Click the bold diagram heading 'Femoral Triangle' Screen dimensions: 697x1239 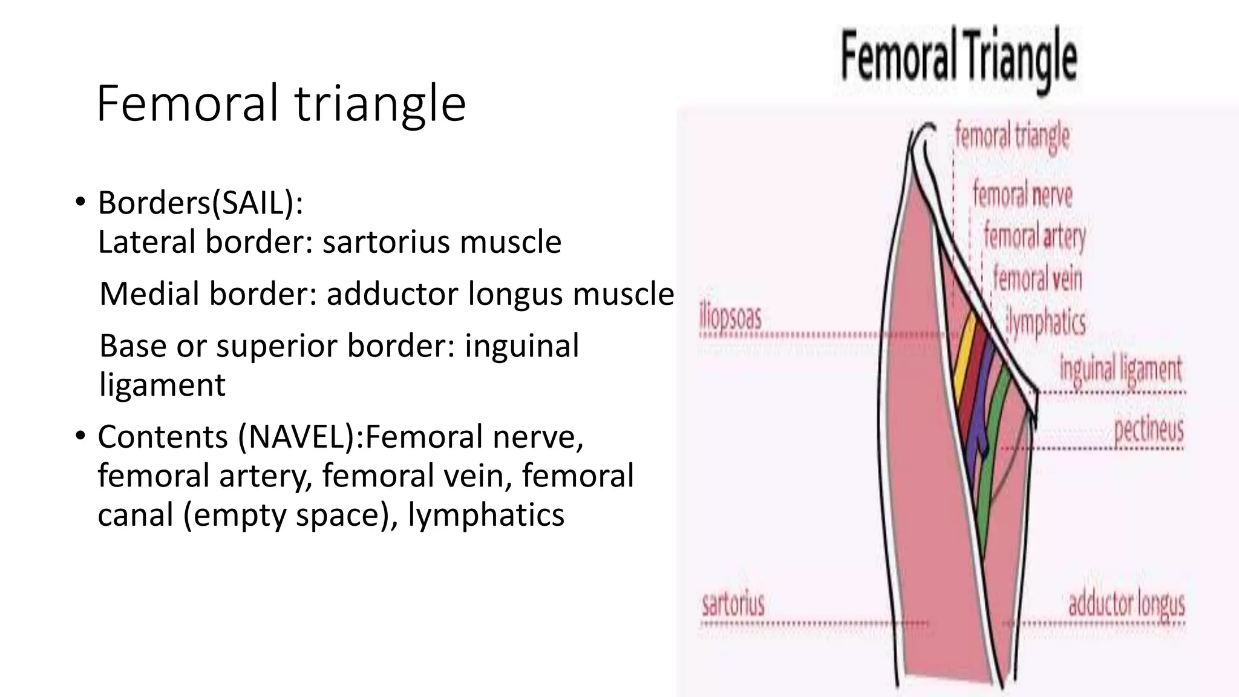958,58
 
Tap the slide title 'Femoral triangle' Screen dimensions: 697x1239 281,104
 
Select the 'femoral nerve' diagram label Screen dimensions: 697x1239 1022,195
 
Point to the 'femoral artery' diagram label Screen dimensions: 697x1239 1035,237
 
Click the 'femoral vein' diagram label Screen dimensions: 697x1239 1038,279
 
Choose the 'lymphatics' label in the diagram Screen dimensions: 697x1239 1047,322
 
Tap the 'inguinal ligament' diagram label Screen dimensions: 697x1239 1120,369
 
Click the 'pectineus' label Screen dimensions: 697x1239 1148,430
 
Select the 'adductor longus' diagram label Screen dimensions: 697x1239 1126,604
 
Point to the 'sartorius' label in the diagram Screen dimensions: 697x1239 733,604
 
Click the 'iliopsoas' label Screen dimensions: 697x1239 730,318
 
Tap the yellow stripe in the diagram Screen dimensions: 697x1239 963,357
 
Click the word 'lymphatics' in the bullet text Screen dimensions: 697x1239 486,515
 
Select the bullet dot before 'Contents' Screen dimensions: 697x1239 80,436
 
